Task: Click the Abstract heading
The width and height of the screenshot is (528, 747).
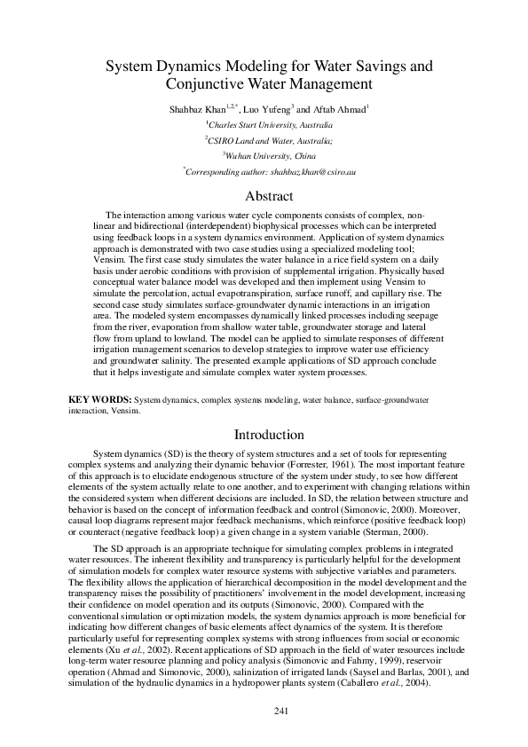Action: click(263, 196)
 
